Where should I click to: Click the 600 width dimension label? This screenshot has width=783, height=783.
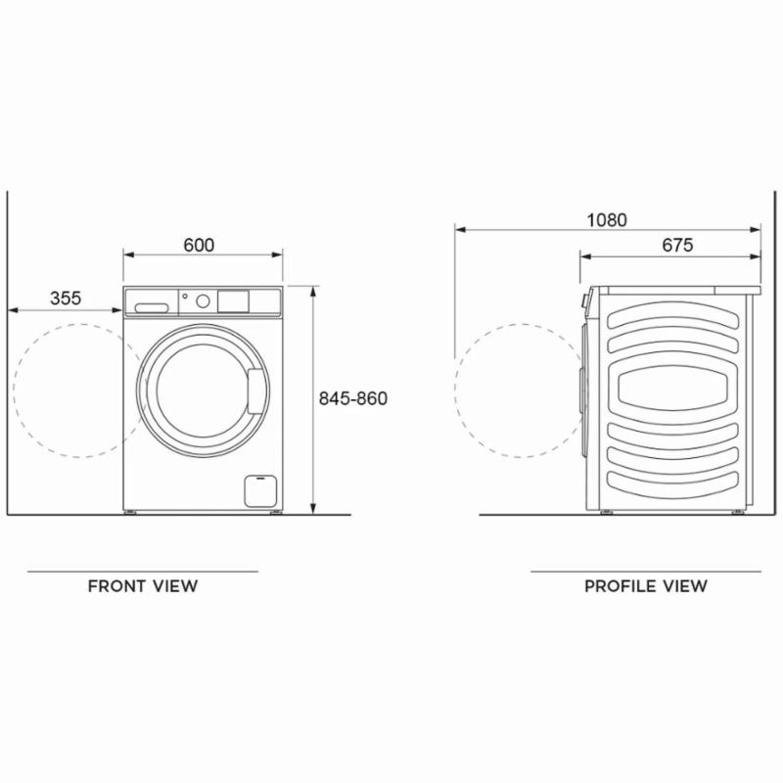click(199, 246)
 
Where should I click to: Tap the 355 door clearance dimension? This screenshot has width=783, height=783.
click(66, 299)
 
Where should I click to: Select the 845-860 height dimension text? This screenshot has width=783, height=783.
click(353, 398)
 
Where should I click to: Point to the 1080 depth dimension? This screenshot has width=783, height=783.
click(607, 220)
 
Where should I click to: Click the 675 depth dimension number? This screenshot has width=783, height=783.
click(677, 246)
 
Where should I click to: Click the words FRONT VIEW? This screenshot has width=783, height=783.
click(143, 585)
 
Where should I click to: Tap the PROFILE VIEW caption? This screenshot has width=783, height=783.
click(646, 585)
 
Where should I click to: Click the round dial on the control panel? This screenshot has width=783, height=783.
click(203, 300)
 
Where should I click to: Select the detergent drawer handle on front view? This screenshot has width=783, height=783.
click(152, 307)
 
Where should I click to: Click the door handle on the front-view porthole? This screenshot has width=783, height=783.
click(255, 391)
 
